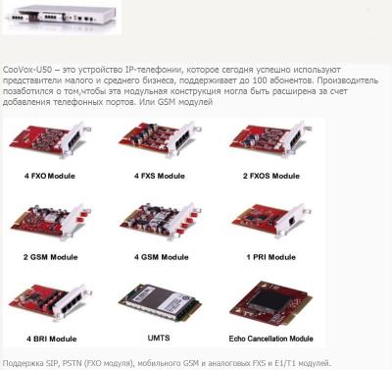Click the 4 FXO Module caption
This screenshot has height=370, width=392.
click(x=50, y=176)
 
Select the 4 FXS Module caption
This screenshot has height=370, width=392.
click(x=160, y=176)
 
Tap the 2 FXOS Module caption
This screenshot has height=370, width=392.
click(x=271, y=176)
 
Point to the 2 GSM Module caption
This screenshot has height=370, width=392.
click(x=50, y=257)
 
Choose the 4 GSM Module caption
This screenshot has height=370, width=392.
click(x=161, y=257)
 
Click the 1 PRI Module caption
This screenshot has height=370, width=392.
click(x=271, y=257)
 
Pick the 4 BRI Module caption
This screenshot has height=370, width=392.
click(x=52, y=339)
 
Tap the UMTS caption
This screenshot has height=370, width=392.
click(x=159, y=338)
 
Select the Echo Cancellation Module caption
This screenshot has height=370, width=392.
click(x=271, y=339)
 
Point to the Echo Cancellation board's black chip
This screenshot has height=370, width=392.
click(x=269, y=301)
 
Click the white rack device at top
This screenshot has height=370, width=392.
click(x=62, y=17)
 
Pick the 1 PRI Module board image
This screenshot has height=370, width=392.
click(x=271, y=220)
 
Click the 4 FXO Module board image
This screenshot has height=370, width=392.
click(x=50, y=140)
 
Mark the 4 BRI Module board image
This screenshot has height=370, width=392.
click(x=50, y=302)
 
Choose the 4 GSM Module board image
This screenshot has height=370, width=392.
click(x=160, y=220)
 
